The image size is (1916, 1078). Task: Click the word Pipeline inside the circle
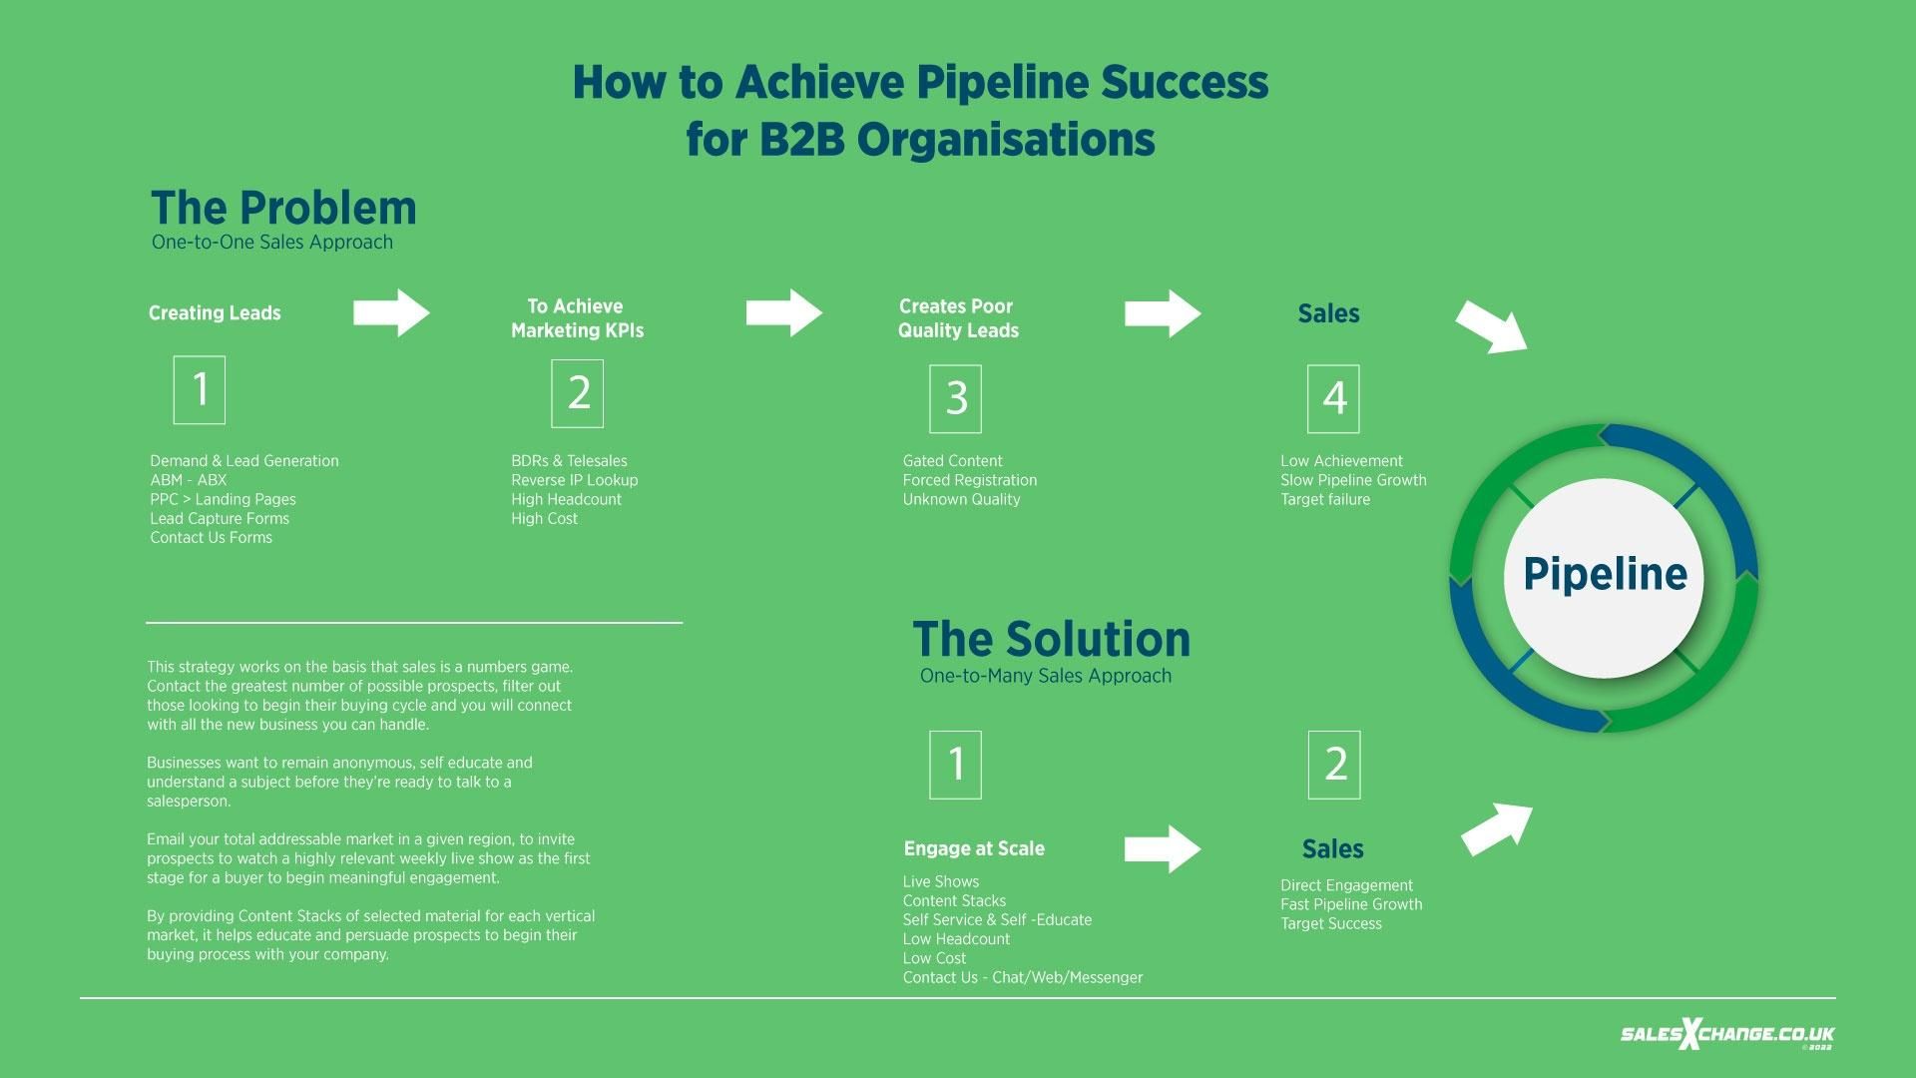click(1605, 575)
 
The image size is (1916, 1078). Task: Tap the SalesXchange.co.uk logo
click(1726, 1035)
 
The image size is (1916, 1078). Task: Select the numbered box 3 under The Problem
click(955, 398)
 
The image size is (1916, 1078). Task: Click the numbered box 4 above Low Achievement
click(1333, 398)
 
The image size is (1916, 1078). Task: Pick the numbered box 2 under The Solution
click(1334, 765)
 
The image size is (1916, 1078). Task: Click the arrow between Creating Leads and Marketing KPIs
click(391, 313)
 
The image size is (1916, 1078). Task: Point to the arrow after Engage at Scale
click(1163, 849)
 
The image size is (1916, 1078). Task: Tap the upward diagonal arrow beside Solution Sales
click(1497, 828)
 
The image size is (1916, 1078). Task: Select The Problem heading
click(283, 209)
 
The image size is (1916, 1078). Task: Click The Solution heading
click(1051, 640)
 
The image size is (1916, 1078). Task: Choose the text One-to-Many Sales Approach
click(1045, 677)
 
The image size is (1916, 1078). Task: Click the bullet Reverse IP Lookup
click(574, 480)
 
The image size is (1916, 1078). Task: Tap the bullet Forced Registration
click(969, 480)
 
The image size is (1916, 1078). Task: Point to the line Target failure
click(1324, 499)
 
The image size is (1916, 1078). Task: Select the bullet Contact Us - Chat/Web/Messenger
click(1022, 978)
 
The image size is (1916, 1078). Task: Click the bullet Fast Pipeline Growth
click(1351, 904)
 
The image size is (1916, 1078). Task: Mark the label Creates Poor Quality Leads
click(957, 318)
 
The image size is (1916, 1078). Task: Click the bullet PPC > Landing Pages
click(223, 499)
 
